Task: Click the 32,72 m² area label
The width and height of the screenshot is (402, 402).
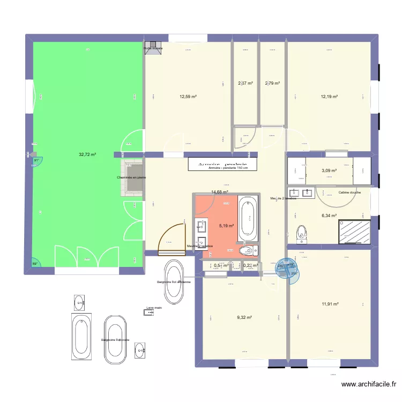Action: click(87, 154)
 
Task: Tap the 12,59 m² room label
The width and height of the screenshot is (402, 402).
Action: click(188, 97)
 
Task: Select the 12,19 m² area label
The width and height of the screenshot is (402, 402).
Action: click(329, 97)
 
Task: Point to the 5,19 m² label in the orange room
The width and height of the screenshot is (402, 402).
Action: click(226, 226)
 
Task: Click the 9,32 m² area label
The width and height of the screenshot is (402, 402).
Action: click(244, 317)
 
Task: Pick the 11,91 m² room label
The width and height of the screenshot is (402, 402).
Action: click(330, 304)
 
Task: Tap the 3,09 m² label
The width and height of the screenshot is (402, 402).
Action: click(329, 171)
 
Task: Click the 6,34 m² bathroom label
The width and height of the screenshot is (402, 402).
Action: click(329, 216)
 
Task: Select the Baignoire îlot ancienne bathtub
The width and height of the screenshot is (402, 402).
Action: click(175, 281)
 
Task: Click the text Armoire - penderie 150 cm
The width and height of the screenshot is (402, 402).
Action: click(233, 168)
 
